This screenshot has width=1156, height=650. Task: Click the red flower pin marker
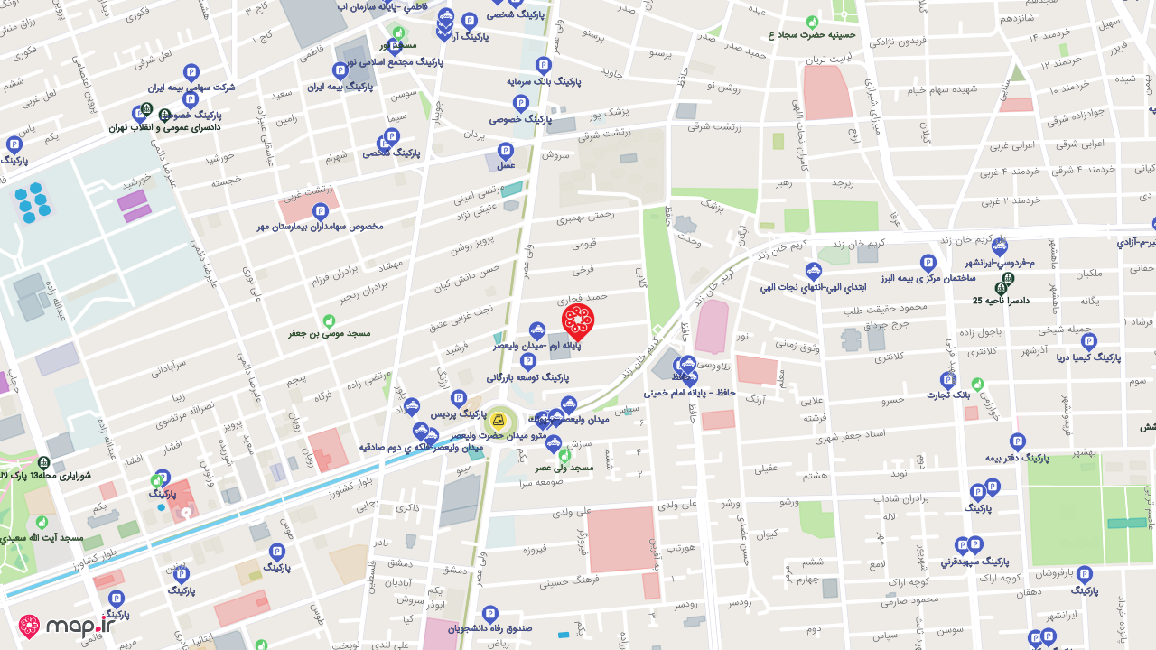578,320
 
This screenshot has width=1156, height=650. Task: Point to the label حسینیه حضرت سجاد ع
811,35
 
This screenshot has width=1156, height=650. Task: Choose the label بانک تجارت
948,395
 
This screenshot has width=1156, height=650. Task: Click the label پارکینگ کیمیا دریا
1088,357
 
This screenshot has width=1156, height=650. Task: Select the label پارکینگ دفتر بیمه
1018,457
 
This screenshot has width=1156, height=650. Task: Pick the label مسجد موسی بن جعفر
330,333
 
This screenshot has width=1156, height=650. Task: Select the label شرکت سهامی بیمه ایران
191,88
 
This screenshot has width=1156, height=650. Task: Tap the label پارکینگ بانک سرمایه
543,80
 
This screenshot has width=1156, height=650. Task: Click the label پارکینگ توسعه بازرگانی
528,376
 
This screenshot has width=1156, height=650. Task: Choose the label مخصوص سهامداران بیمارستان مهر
321,226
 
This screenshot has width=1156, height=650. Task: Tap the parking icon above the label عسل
506,150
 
